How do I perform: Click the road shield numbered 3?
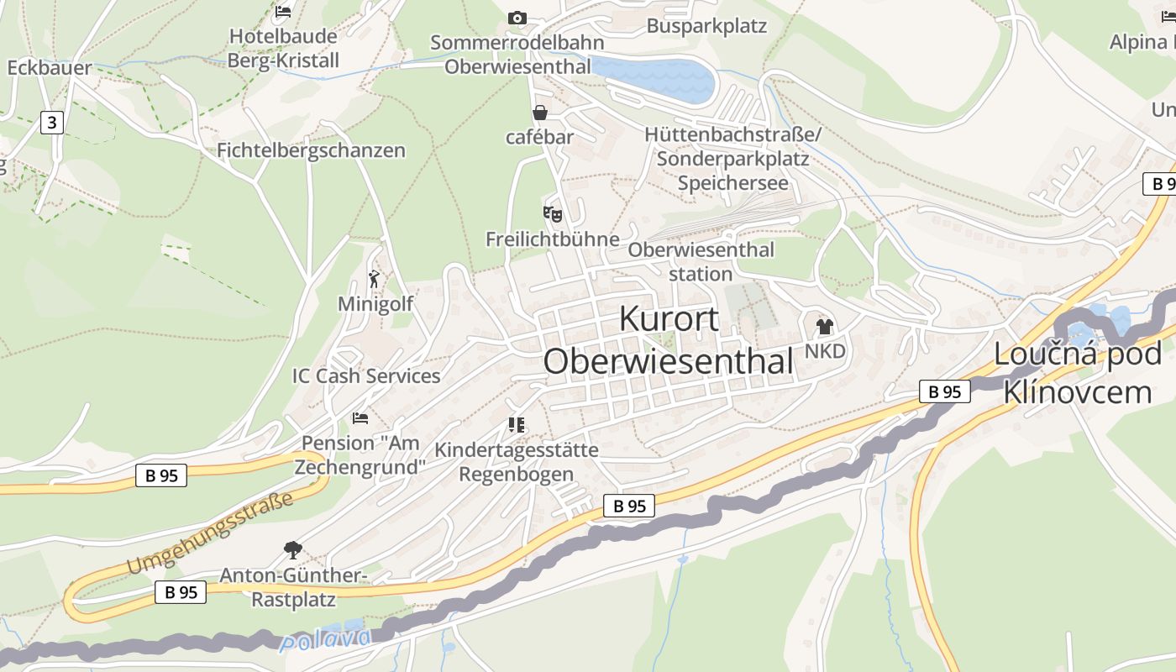coord(52,123)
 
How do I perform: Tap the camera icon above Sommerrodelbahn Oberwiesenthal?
coord(517,18)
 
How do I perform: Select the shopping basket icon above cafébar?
coord(539,113)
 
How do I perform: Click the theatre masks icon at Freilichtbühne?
coord(552,214)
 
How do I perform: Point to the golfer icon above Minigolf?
coord(375,279)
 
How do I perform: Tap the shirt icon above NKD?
coord(824,327)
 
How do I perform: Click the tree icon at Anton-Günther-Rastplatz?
coord(293,550)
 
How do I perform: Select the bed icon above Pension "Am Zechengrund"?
coord(360,417)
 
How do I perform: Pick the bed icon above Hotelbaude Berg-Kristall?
coord(283,12)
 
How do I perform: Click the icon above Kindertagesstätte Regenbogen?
coord(516,425)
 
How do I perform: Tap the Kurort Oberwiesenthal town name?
coord(669,340)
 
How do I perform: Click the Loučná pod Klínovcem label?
coord(1078,372)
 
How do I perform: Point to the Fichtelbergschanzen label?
coord(311,150)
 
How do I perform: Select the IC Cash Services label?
coord(366,375)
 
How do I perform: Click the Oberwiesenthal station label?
coord(701,261)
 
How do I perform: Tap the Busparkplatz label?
coord(706,26)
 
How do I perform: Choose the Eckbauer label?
coord(50,68)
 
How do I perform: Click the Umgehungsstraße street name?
coord(210,534)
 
